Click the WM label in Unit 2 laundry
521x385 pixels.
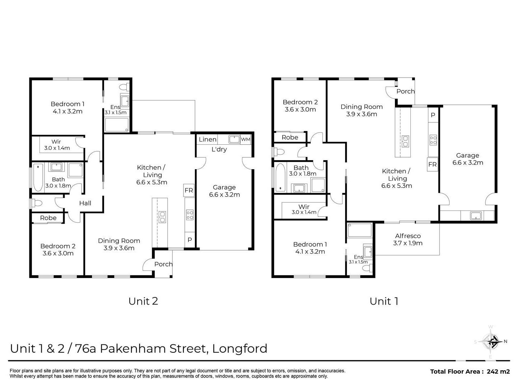[x=246, y=139]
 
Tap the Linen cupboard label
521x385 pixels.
[x=208, y=139]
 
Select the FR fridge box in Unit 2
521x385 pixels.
[x=189, y=190]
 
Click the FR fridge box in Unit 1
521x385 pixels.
[x=432, y=164]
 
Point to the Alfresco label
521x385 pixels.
[x=408, y=236]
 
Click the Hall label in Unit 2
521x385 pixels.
[x=85, y=203]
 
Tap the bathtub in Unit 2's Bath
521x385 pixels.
[x=38, y=177]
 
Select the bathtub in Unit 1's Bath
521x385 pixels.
[x=280, y=177]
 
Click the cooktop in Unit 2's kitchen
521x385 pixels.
[x=190, y=215]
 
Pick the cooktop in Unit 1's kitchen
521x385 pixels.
[x=433, y=139]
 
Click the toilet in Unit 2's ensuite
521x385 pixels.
[x=124, y=87]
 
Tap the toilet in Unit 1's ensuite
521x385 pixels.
[x=367, y=268]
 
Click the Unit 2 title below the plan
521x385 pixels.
[x=143, y=301]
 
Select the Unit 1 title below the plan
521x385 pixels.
[x=384, y=301]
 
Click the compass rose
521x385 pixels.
[x=491, y=342]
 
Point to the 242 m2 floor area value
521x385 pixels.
[x=498, y=371]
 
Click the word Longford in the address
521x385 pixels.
[x=240, y=348]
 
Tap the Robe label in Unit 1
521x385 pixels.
[x=290, y=137]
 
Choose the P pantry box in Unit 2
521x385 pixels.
[x=190, y=240]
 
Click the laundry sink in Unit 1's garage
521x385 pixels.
[x=476, y=215]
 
